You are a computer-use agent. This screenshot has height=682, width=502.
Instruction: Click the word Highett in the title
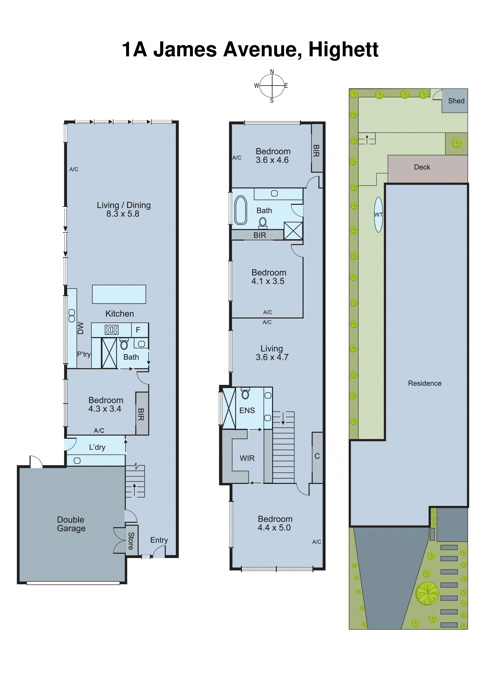tap(343, 49)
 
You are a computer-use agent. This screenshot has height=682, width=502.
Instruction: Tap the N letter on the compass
tap(272, 71)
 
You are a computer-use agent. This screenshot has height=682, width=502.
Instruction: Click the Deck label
tap(422, 167)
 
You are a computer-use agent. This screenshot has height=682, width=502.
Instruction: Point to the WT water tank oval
tap(378, 215)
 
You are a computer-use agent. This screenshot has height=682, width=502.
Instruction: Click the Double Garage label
tap(71, 524)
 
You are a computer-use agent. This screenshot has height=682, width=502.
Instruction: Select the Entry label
tap(159, 540)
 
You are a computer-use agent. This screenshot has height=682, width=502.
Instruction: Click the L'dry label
tap(97, 447)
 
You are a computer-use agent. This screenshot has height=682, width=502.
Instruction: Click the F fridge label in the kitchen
tap(138, 330)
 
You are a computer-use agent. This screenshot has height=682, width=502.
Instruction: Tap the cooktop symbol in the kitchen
tap(112, 330)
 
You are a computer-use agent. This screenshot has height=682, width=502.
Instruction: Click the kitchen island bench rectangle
tap(119, 294)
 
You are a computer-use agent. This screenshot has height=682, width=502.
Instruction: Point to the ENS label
tap(247, 410)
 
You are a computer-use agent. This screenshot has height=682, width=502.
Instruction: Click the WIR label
tap(247, 458)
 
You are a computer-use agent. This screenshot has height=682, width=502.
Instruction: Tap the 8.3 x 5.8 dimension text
tap(123, 214)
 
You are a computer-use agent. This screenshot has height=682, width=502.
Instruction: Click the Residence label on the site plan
tap(425, 383)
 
